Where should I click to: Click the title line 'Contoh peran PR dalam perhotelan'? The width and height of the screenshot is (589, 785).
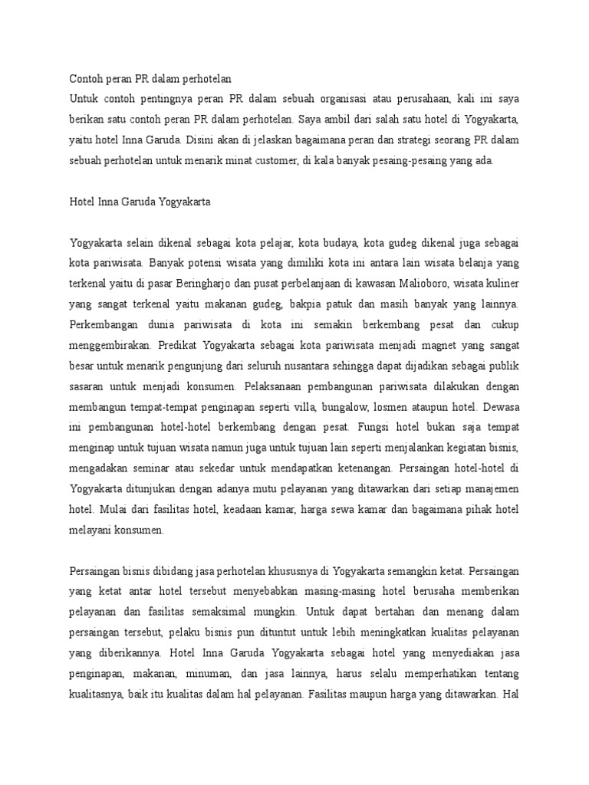pos(150,79)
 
